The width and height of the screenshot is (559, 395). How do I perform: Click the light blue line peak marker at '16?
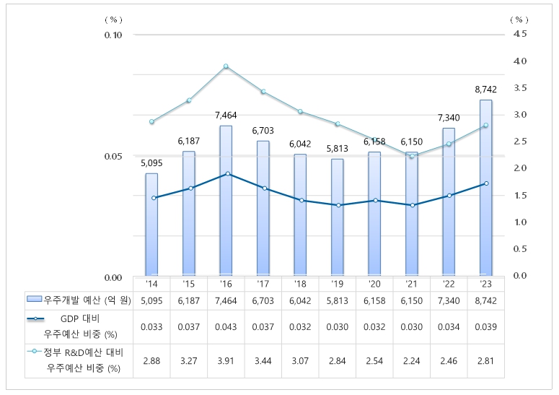[x=226, y=66]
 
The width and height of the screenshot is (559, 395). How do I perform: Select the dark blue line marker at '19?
[x=337, y=205]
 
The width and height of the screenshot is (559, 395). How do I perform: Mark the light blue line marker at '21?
[x=411, y=156]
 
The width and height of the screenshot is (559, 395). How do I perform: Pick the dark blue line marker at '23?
[x=485, y=183]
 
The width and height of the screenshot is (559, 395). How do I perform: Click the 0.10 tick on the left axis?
[x=114, y=35]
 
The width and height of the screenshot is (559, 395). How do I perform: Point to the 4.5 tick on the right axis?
[x=520, y=34]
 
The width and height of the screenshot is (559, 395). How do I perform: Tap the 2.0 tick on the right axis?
[x=520, y=168]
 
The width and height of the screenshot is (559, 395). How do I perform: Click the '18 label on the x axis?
[x=300, y=284]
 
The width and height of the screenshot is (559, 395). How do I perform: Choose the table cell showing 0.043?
[x=226, y=326]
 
